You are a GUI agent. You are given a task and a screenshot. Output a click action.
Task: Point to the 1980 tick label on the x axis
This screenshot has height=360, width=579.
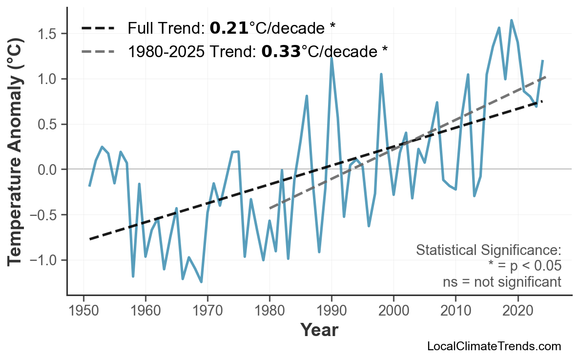pos(269,312)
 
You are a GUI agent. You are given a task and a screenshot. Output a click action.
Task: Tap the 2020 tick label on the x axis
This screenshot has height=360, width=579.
pos(517,312)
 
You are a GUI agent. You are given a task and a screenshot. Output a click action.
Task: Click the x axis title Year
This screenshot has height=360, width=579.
pos(319,331)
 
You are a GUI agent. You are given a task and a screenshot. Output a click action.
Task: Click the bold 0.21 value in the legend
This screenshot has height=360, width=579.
pos(229,28)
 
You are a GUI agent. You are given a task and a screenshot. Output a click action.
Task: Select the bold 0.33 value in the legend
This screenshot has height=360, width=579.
pos(281,51)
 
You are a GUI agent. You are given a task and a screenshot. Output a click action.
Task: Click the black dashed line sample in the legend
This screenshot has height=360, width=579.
pos(98,28)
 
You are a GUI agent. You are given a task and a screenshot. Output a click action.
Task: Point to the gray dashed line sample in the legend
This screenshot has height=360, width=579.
pos(98,51)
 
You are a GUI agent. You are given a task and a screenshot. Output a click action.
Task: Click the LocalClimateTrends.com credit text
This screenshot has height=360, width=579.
pos(494,346)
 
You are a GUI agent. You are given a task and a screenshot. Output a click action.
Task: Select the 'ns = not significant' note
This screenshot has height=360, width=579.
pos(501,282)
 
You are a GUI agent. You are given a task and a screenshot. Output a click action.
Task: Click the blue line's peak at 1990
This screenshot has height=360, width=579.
pos(331,58)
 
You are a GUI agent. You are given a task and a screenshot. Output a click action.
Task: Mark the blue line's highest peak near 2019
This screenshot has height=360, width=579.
pos(511,21)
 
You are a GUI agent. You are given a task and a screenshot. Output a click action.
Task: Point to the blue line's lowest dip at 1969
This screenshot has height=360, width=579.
pos(201,282)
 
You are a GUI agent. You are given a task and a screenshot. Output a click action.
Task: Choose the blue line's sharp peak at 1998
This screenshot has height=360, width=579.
pos(381,74)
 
